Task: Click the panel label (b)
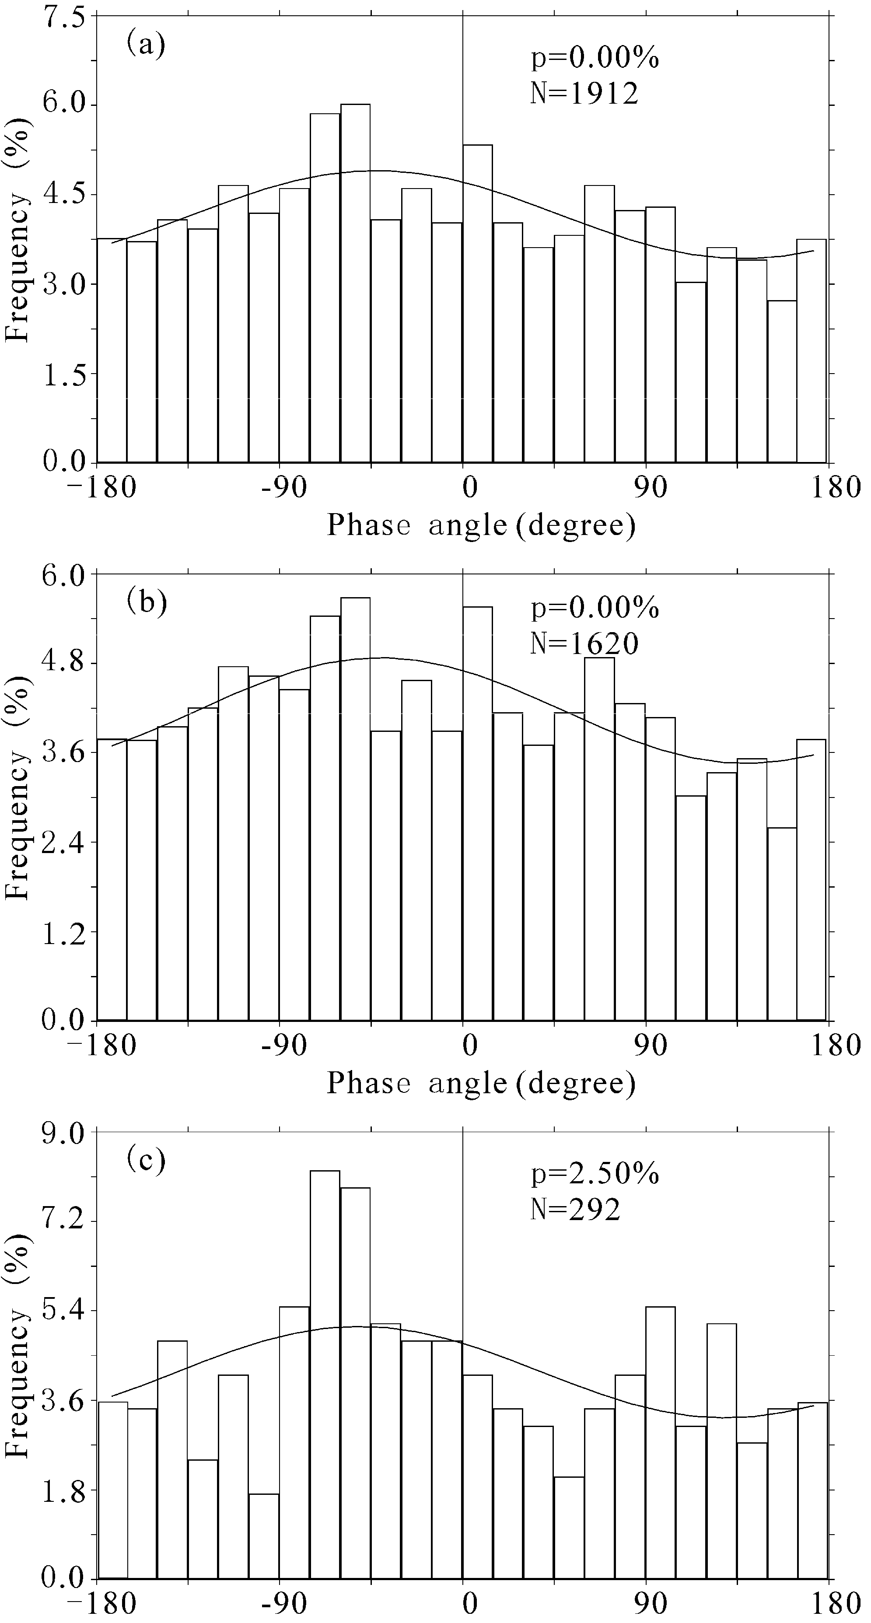146,602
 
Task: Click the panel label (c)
146,1159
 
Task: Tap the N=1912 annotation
584,93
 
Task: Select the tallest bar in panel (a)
355,283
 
